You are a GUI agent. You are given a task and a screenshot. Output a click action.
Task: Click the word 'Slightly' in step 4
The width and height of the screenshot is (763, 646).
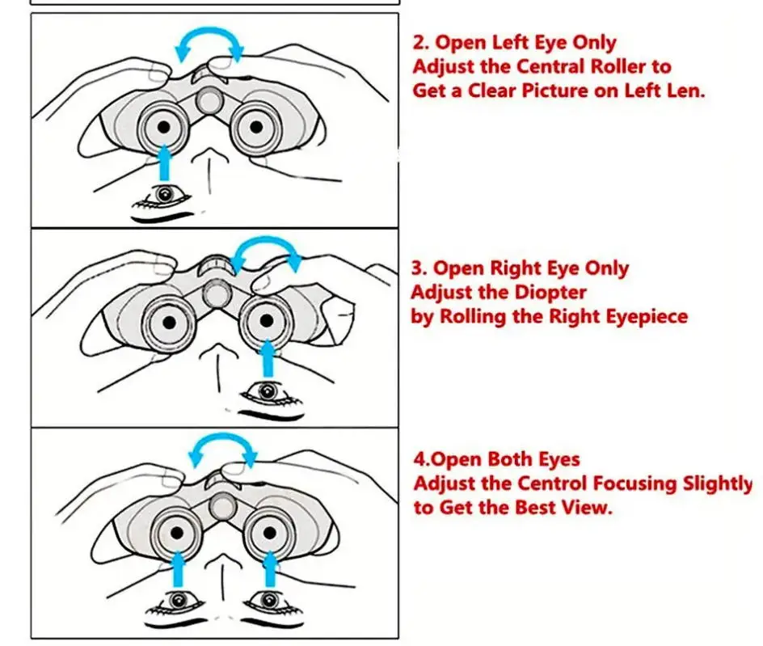[714, 483]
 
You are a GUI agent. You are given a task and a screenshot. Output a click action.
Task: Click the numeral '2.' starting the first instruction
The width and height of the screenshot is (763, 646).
[422, 43]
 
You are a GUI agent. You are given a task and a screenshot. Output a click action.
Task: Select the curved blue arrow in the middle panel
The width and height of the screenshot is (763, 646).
[267, 252]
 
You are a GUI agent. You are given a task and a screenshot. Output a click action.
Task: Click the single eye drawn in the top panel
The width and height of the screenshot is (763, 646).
[165, 195]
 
